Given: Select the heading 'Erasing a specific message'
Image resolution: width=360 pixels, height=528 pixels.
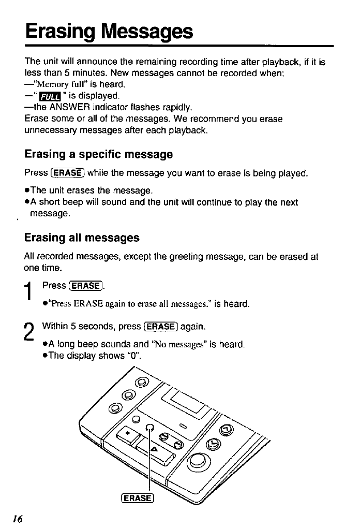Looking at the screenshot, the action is click(98, 154).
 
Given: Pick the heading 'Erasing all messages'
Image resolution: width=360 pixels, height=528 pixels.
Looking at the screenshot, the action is click(82, 238).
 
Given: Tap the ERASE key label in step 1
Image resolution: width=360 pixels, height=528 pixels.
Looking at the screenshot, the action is click(86, 286).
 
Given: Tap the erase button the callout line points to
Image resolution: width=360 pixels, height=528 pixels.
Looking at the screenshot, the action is click(151, 427).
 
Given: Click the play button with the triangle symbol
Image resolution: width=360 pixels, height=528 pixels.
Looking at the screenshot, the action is click(155, 448).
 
